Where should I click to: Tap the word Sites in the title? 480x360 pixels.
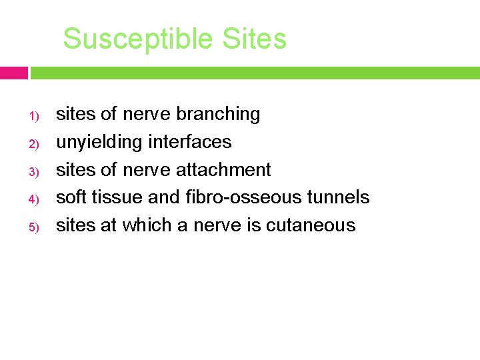255,39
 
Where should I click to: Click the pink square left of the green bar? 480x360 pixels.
13,73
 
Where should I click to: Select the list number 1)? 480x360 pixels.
35,117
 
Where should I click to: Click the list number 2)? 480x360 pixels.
35,144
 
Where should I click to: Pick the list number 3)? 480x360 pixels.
35,172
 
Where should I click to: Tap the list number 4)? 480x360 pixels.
35,199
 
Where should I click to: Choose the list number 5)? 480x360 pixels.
35,227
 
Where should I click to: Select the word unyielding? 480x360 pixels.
99,143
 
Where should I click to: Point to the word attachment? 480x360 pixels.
223,170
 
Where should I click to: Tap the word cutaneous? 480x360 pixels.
311,225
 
